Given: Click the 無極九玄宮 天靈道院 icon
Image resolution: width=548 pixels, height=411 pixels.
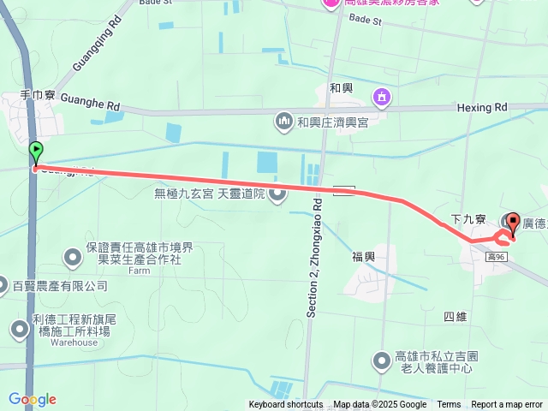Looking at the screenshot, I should pyautogui.click(x=277, y=195).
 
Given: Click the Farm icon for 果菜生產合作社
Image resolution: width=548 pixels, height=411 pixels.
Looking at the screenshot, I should pyautogui.click(x=73, y=255).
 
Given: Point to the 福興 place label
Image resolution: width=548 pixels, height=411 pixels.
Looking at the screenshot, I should pyautogui.click(x=363, y=256).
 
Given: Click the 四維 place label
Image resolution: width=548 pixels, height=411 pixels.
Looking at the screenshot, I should pyautogui.click(x=456, y=317).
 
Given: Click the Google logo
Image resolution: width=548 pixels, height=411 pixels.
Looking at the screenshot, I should pyautogui.click(x=32, y=400).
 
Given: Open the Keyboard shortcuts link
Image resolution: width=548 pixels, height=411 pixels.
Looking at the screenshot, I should pyautogui.click(x=286, y=405).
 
